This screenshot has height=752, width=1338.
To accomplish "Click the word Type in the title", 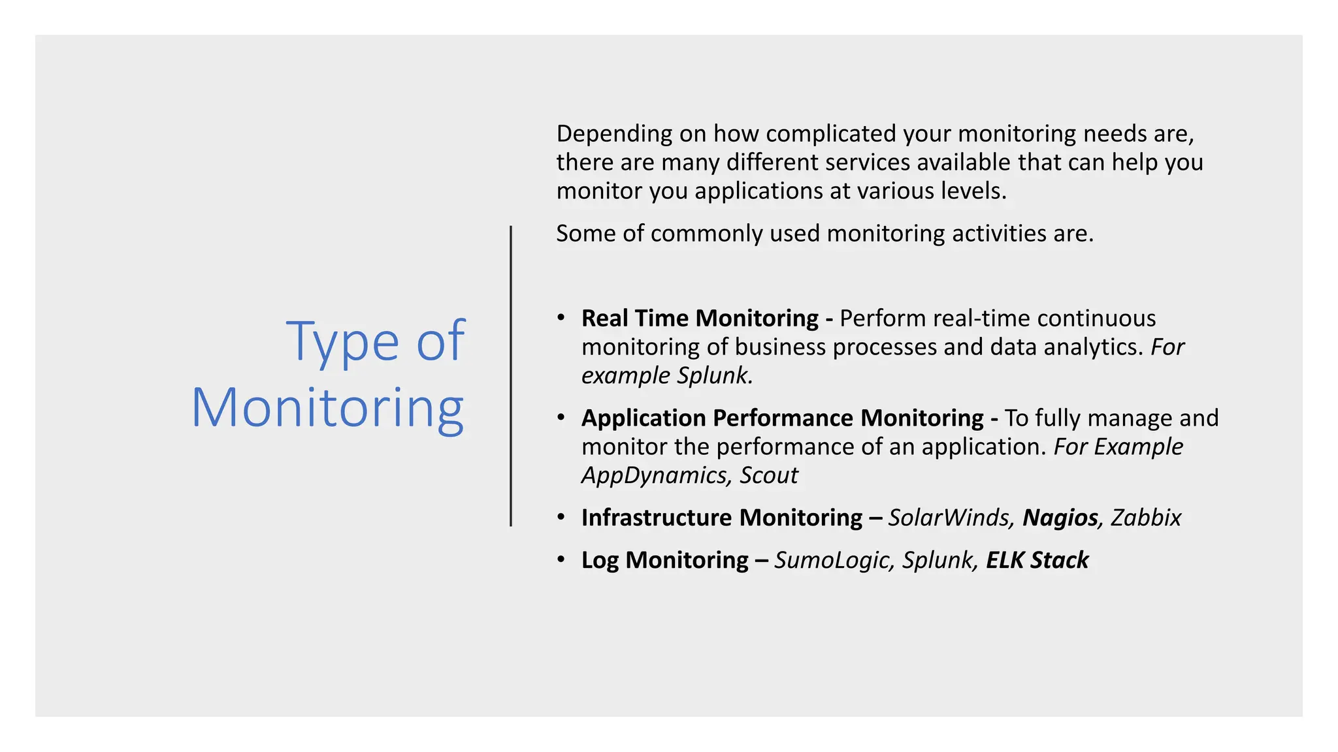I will tap(342, 341).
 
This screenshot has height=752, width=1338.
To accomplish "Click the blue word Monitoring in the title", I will tap(327, 409).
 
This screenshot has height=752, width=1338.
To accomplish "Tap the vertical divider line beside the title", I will tap(510, 376).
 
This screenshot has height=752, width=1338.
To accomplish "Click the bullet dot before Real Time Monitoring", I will tap(561, 317).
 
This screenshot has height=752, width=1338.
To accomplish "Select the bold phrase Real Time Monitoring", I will tap(700, 319).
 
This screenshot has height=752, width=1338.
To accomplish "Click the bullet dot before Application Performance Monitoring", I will tap(561, 417).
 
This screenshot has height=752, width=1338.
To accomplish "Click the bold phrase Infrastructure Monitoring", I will tap(722, 518).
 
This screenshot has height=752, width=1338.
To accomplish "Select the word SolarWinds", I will tap(951, 518).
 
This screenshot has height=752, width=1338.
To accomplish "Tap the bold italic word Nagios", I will tap(1060, 518).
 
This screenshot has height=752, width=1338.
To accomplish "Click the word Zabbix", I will tap(1146, 518).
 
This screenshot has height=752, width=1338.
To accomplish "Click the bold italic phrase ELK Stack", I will tap(1037, 560).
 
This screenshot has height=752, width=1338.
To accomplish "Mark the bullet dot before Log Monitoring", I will tap(561, 559).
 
